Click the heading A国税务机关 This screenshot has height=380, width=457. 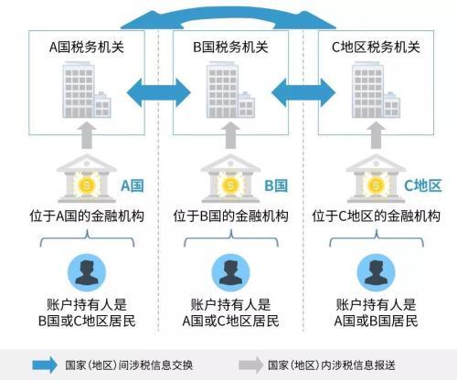[x=87, y=47]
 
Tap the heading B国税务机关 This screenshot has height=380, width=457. [x=230, y=47]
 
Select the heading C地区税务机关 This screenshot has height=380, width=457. [x=376, y=47]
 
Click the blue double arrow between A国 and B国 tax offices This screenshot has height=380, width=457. [x=159, y=92]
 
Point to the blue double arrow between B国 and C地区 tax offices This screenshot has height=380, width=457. [x=303, y=92]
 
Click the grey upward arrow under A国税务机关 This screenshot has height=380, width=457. [x=87, y=135]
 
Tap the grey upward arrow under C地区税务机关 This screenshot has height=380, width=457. [x=377, y=135]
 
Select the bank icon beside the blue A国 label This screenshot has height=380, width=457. [x=87, y=178]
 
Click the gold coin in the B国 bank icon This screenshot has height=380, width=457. [x=230, y=185]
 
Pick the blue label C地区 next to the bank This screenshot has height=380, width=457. [x=423, y=185]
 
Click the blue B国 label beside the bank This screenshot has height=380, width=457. [x=276, y=185]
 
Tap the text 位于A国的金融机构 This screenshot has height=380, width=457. [x=87, y=216]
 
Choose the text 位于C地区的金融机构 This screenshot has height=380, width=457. [x=377, y=216]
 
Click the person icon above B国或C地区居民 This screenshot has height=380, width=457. [x=87, y=272]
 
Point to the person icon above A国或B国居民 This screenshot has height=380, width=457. [x=377, y=272]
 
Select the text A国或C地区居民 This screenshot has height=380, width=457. [x=230, y=321]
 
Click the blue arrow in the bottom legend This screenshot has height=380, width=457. [x=45, y=364]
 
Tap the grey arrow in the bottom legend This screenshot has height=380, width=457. [x=250, y=364]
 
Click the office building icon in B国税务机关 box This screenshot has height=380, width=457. [x=230, y=90]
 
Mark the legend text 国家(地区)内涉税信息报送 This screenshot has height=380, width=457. [x=332, y=365]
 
